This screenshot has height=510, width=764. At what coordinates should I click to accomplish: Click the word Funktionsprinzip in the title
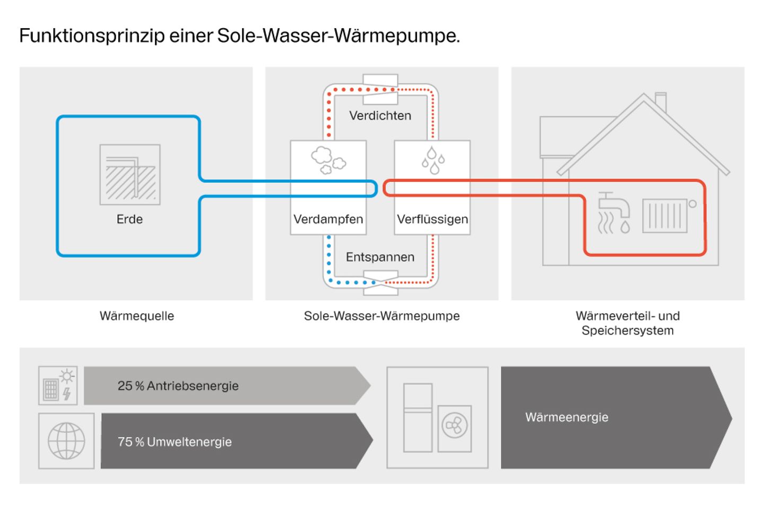pyautogui.click(x=92, y=36)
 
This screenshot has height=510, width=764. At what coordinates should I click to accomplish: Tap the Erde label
pyautogui.click(x=129, y=219)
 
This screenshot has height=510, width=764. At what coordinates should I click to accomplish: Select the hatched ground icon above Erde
pyautogui.click(x=130, y=175)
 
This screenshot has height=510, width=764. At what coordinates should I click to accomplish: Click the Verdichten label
pyautogui.click(x=380, y=116)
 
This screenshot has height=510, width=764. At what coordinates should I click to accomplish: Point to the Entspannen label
pyautogui.click(x=380, y=257)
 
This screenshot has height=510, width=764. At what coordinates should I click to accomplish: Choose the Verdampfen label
pyautogui.click(x=328, y=219)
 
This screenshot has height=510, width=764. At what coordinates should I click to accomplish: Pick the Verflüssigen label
pyautogui.click(x=432, y=219)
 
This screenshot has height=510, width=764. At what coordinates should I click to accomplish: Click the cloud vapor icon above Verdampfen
pyautogui.click(x=328, y=160)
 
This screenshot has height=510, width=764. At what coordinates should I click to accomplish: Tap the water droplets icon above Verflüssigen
pyautogui.click(x=433, y=160)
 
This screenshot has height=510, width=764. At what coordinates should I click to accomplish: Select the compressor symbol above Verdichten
pyautogui.click(x=380, y=89)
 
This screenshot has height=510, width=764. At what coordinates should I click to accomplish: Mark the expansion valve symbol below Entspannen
pyautogui.click(x=380, y=283)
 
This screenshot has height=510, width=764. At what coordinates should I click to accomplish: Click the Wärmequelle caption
pyautogui.click(x=137, y=316)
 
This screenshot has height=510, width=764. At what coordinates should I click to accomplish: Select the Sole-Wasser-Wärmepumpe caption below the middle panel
pyautogui.click(x=381, y=316)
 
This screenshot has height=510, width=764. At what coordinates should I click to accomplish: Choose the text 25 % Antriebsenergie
pyautogui.click(x=178, y=386)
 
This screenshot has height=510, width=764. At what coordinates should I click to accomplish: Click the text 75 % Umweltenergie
pyautogui.click(x=175, y=442)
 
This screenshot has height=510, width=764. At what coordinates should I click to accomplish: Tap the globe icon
pyautogui.click(x=66, y=441)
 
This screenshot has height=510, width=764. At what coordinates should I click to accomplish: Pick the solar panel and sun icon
pyautogui.click(x=58, y=385)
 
